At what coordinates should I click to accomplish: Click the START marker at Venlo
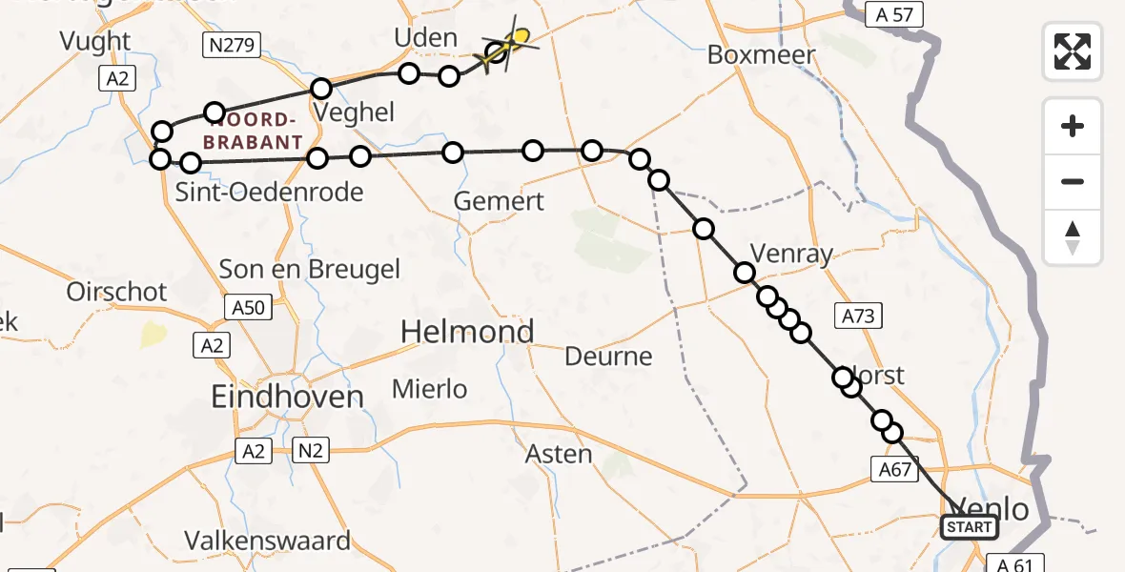point(970,526)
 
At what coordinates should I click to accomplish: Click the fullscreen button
point(1073,51)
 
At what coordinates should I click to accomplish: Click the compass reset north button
point(1073,236)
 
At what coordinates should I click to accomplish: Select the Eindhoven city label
point(288,397)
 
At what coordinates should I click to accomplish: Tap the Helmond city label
point(467,332)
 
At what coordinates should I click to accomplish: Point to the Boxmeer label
point(762,54)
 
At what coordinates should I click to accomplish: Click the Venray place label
point(792,254)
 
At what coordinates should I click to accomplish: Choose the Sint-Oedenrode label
point(270,193)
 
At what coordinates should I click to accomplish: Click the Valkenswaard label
point(268,541)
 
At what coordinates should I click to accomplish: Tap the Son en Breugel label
point(310,269)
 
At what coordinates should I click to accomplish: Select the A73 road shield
point(856,316)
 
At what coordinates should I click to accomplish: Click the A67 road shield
point(893,468)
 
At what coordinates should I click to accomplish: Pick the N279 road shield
point(225,43)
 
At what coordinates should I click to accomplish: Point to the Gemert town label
point(499,201)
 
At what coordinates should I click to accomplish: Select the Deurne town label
point(609,357)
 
